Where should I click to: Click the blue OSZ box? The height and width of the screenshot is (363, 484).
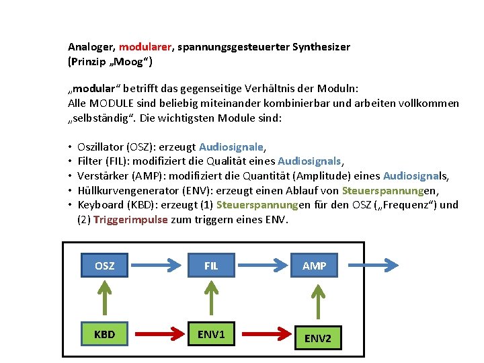[104, 266]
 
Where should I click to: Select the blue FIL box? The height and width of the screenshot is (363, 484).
[211, 266]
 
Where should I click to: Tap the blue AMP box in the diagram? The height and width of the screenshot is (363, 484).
[315, 266]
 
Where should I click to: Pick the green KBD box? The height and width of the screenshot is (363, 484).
[104, 334]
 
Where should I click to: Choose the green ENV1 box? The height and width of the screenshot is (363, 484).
[211, 334]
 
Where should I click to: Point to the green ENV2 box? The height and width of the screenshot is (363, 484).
[318, 337]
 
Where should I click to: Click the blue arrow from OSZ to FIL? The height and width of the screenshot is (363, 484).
[158, 266]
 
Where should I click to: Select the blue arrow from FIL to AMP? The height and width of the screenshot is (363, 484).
[264, 266]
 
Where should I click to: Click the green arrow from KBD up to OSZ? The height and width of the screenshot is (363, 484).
[104, 299]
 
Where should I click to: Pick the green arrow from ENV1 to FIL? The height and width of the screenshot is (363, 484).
[211, 299]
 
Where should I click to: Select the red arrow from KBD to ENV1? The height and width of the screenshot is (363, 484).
[158, 334]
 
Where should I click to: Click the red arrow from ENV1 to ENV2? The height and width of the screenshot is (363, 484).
[265, 334]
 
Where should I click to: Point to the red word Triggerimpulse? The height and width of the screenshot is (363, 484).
[130, 219]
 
